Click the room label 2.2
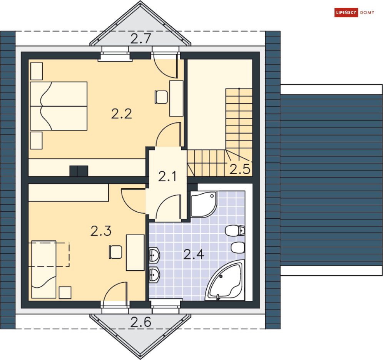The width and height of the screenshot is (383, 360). [121, 114]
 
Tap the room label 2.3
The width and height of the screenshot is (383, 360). [101, 231]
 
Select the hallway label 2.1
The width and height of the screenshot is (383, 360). [167, 176]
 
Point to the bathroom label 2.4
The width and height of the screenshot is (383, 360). [194, 255]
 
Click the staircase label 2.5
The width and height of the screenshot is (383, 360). [240, 169]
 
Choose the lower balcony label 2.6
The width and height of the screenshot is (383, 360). [141, 322]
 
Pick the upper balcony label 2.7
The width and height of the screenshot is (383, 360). [141, 39]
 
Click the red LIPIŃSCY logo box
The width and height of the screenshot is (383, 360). [346, 12]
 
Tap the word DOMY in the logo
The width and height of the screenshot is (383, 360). [367, 12]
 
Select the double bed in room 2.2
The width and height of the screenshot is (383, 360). [59, 106]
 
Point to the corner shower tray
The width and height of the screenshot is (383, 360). [204, 204]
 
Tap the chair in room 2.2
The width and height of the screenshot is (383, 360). [161, 97]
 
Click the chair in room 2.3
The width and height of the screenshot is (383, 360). [115, 252]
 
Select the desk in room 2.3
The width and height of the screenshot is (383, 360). [135, 253]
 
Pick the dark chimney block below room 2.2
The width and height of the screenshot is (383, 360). [79, 171]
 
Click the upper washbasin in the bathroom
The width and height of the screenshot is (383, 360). [154, 255]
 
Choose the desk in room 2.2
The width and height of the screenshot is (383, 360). [176, 99]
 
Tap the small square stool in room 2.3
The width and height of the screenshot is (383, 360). [65, 293]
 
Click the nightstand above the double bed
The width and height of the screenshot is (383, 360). [37, 71]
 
